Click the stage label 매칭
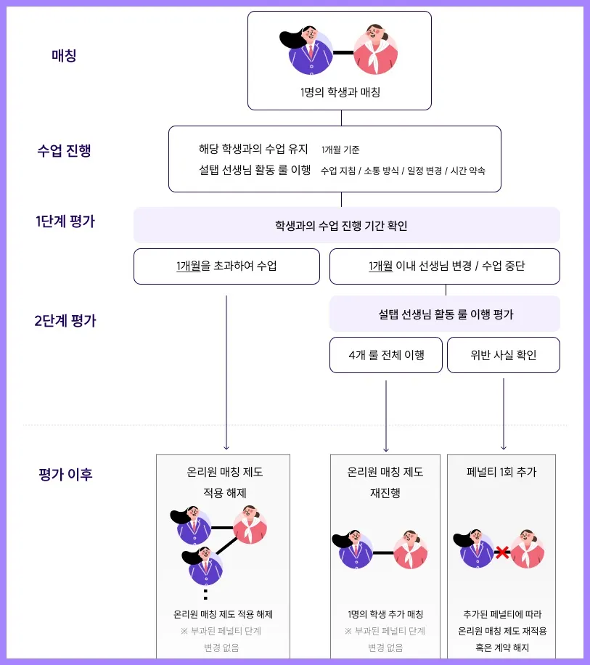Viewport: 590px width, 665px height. tap(64, 55)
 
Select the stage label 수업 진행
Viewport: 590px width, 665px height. tap(64, 151)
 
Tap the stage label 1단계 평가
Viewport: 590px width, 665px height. tap(65, 222)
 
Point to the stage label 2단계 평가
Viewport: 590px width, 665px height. tap(65, 320)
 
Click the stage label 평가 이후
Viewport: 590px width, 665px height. tap(65, 475)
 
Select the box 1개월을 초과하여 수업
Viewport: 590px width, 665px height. tap(226, 266)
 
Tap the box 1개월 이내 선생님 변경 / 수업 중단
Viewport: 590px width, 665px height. tap(445, 266)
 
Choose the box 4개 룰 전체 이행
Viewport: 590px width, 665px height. tap(386, 355)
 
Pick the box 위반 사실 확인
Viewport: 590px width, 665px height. tap(504, 355)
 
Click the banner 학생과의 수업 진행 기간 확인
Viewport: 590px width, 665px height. tap(346, 225)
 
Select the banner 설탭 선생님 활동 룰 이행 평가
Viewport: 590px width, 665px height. tap(445, 314)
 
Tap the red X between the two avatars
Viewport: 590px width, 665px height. tap(501, 553)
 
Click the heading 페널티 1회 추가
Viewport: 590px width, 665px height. tap(501, 472)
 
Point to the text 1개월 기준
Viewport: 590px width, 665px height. tap(340, 150)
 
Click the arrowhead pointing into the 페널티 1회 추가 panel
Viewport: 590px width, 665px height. tap(504, 447)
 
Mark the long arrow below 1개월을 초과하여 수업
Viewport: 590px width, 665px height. tap(226, 370)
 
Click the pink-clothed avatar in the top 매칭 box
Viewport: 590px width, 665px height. tap(375, 50)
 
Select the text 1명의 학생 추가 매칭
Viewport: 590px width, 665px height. tap(385, 614)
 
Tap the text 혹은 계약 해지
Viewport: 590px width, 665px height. tap(501, 648)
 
